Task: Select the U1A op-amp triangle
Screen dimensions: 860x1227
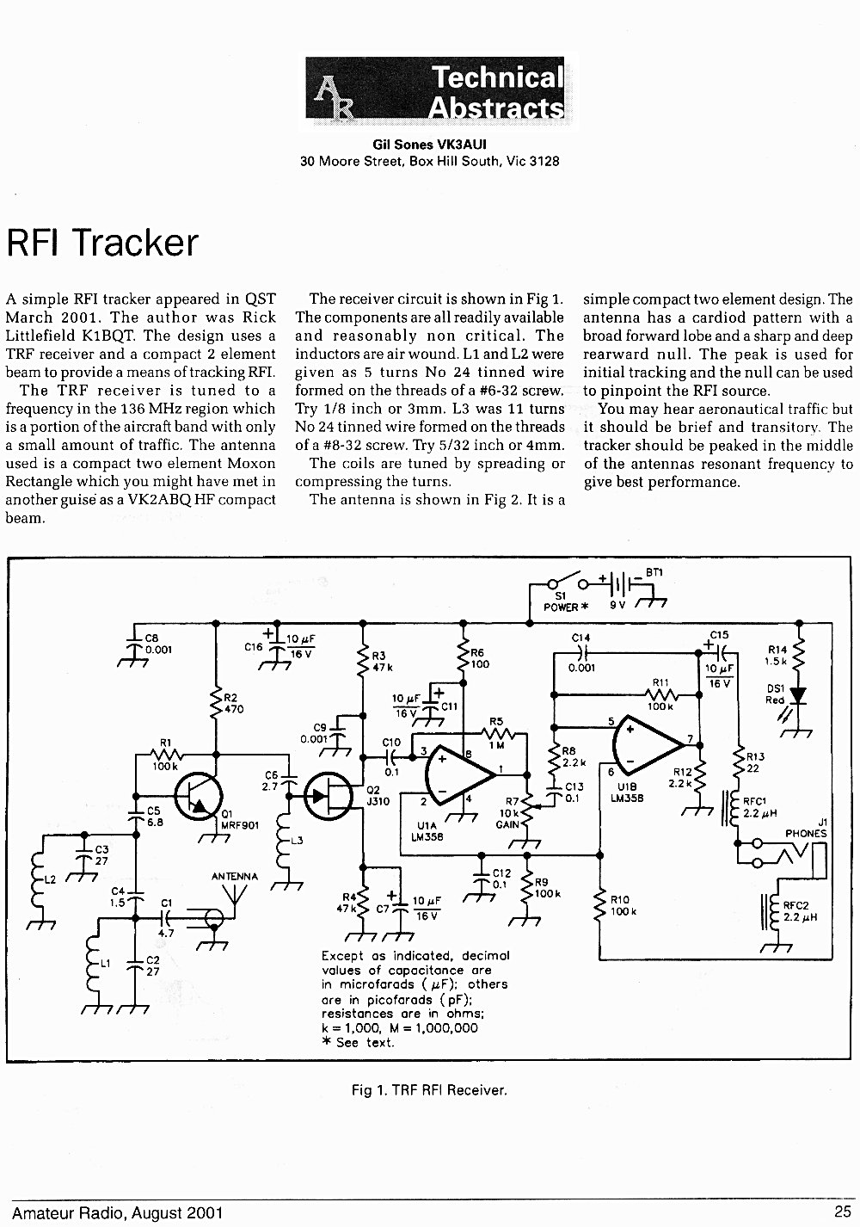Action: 461,774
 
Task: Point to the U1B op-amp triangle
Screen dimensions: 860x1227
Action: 649,744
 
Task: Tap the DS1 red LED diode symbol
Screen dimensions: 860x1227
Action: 799,695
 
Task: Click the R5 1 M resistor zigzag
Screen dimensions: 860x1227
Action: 498,733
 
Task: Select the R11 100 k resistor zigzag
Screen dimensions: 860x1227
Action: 661,694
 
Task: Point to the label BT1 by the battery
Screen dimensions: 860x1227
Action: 654,572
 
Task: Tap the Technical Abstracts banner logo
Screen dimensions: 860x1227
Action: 435,88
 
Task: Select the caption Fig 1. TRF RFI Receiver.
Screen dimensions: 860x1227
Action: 429,1089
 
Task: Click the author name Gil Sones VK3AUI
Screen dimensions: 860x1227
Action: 429,144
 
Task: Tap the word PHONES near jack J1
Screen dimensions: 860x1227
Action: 806,833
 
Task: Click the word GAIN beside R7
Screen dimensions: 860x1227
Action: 507,824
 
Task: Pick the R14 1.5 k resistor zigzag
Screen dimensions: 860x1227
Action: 799,655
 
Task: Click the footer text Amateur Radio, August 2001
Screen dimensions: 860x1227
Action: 117,1212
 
